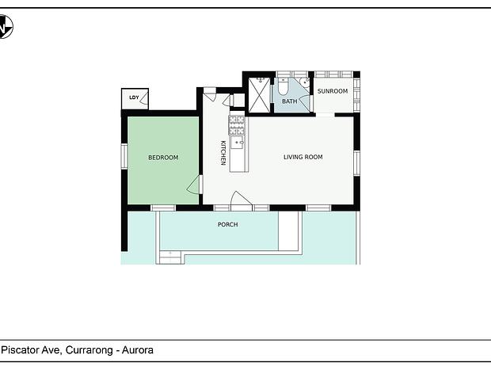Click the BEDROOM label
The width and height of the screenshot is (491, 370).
163,158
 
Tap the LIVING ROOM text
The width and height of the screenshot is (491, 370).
303,157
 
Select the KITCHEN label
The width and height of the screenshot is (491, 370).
223,153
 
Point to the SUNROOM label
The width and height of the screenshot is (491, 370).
333,91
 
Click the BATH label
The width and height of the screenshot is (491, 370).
289,101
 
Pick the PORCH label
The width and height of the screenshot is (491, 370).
227,225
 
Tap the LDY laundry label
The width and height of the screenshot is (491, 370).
134,97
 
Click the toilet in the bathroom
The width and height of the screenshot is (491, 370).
283,87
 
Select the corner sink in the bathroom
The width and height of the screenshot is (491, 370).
304,82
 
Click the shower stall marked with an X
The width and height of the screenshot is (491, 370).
259,94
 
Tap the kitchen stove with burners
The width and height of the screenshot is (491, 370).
237,125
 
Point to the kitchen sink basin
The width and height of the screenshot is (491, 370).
237,143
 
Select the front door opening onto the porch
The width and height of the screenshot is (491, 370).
241,200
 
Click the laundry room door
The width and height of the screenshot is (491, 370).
144,98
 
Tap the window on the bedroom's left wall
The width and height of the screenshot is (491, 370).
124,156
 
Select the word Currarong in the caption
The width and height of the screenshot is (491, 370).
89,350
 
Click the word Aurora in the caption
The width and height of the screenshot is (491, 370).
138,350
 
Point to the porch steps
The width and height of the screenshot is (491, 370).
170,257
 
